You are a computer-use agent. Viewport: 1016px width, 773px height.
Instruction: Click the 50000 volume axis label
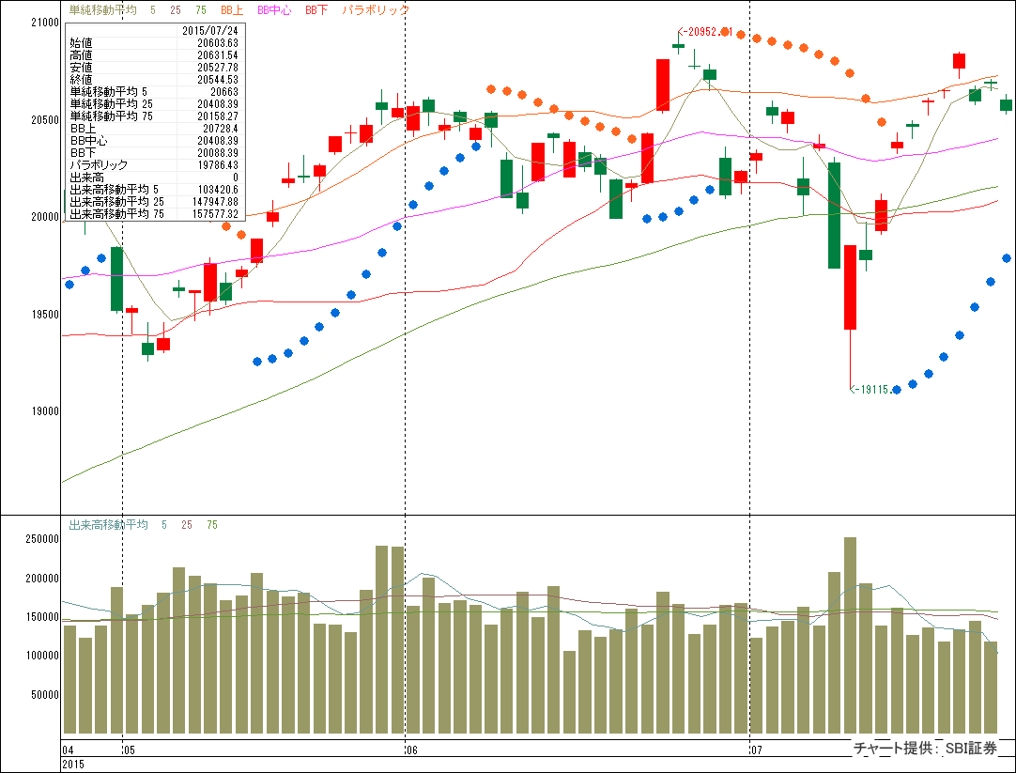click(x=42, y=694)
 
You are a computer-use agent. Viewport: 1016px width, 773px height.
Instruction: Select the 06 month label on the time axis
click(x=410, y=750)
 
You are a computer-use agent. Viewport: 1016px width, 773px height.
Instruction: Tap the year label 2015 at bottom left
click(x=73, y=765)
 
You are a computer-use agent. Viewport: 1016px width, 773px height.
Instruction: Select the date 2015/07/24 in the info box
click(x=211, y=31)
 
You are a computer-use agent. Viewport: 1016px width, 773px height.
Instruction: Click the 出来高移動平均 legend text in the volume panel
click(x=109, y=525)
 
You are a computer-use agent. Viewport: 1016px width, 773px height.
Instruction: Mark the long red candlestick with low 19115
click(x=850, y=287)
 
